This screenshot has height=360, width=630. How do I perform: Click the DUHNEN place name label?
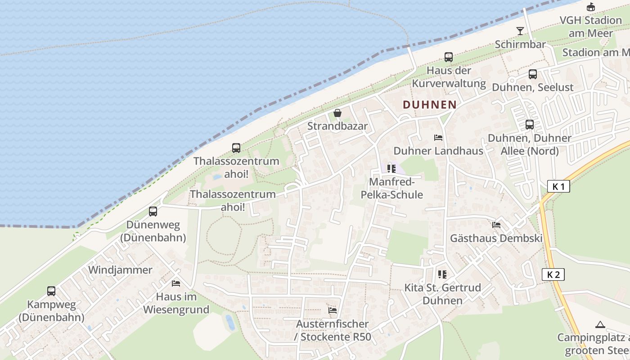429,105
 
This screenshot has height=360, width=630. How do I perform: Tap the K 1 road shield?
558,186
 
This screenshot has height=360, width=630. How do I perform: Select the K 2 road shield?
553,274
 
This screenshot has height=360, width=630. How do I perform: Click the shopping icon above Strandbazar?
337,113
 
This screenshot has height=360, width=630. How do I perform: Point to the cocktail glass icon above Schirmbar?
520,31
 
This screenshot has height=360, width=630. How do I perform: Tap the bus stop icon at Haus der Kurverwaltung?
448,57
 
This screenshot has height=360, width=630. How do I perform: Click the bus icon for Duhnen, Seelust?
533,74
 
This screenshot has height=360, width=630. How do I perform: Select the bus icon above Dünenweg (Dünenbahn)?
153,211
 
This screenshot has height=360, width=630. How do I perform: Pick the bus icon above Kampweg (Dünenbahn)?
51,291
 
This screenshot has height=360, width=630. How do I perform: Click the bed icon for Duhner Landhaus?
438,138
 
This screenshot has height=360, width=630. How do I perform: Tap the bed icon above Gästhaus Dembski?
496,225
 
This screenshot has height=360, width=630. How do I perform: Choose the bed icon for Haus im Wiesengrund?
176,283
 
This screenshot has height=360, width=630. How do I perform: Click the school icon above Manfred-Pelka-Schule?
391,169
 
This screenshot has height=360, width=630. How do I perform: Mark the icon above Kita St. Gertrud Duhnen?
442,274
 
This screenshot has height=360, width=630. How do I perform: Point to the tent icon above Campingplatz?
600,324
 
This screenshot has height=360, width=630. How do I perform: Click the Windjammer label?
121,270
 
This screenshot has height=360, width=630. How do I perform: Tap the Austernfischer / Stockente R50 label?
333,330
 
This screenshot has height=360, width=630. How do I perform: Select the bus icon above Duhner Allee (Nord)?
530,125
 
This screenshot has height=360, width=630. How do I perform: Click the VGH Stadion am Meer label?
590,27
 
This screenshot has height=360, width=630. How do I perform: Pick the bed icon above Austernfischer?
333,310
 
